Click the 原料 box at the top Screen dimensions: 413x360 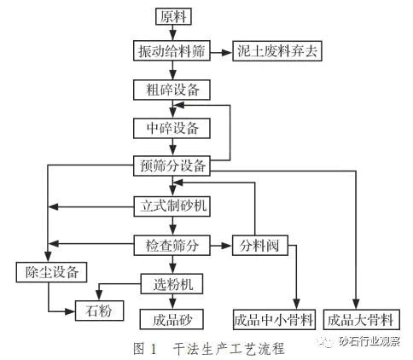[x=173, y=16]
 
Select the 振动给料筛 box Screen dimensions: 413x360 [x=172, y=51]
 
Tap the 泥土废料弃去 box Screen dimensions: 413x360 [x=277, y=51]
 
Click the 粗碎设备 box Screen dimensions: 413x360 [x=172, y=90]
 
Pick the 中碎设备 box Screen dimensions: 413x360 [x=172, y=129]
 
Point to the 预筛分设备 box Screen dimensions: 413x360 [x=172, y=165]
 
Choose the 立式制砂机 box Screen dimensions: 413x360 [x=172, y=206]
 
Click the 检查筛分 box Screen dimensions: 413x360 [x=172, y=245]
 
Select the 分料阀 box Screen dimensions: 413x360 [x=260, y=245]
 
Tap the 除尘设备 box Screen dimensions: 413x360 [x=51, y=272]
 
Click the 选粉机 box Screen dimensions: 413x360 [x=172, y=284]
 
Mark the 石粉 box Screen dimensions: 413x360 [x=99, y=311]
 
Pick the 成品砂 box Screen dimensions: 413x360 [x=172, y=319]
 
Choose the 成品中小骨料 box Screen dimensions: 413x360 [x=274, y=320]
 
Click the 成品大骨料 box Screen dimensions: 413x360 [x=362, y=320]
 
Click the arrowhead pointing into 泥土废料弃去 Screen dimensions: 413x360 [x=228, y=52]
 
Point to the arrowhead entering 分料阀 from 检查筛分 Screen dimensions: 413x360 [x=227, y=246]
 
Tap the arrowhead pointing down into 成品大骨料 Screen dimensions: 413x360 [x=356, y=305]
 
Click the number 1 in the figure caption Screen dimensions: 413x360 [x=154, y=349]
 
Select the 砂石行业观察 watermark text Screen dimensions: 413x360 [x=369, y=341]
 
